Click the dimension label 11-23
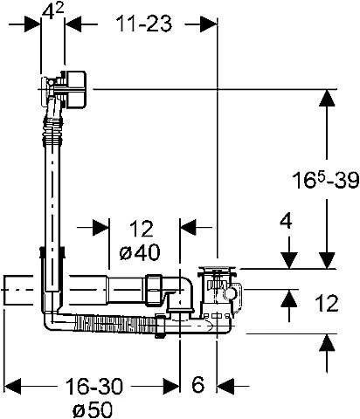[x=144, y=24]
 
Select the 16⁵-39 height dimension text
[x=325, y=180]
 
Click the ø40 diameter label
[x=140, y=251]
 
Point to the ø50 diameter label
[x=93, y=409]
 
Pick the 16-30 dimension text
[x=94, y=386]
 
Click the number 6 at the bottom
[x=198, y=385]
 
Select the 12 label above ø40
[x=141, y=229]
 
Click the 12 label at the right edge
[x=327, y=303]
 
